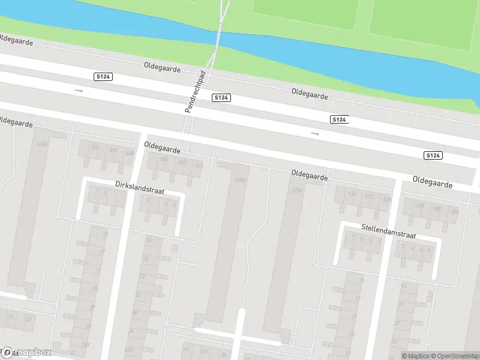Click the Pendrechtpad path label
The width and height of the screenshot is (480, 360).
[x=195, y=92]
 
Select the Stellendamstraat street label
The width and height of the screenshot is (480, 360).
[x=388, y=228]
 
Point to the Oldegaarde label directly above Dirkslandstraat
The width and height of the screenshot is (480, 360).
[x=162, y=146]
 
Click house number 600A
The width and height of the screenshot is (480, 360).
[x=42, y=145]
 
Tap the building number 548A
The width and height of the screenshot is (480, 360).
[x=241, y=179]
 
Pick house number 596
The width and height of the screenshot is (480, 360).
[x=95, y=148]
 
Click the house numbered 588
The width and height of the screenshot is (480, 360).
[x=129, y=153]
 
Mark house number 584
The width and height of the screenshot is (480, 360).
[x=164, y=159]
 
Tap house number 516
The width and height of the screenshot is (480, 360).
[x=352, y=193]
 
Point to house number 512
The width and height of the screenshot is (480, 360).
[x=369, y=197]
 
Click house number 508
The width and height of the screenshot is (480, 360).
[x=420, y=206]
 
